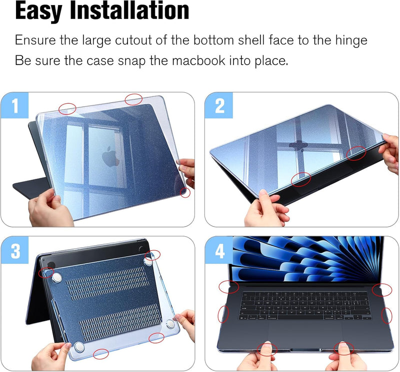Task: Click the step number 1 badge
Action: tap(14, 105)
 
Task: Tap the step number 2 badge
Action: tap(219, 105)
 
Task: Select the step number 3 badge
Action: tap(15, 251)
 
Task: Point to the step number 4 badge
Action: tap(219, 251)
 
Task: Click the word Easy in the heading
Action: tap(39, 12)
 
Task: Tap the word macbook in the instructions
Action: tap(198, 60)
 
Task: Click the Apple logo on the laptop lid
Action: tap(110, 156)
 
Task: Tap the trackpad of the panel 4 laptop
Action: tap(305, 334)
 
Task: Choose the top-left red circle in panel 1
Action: tap(67, 109)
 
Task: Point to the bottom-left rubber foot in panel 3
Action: tap(79, 348)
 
